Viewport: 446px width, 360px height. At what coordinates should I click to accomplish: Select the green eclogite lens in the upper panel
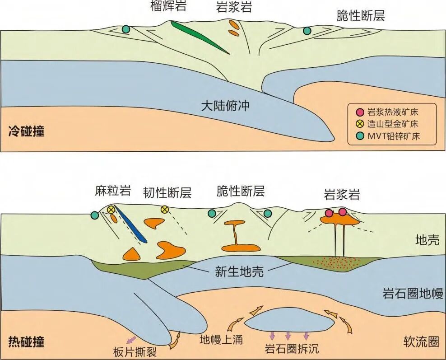tap(199, 37)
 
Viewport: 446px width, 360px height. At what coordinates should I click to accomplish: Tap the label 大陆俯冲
tap(225, 106)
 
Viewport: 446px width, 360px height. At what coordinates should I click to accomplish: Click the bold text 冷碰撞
tap(26, 131)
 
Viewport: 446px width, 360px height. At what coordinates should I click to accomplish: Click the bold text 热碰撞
tap(26, 341)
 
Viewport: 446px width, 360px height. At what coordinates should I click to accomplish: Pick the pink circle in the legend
tap(360, 112)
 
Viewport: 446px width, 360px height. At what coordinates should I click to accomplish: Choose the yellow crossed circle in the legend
tap(360, 124)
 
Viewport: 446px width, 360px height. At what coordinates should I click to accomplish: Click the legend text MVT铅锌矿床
tap(394, 136)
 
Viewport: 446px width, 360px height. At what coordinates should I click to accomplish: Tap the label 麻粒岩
tap(113, 190)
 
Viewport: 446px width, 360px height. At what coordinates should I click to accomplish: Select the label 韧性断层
tap(167, 192)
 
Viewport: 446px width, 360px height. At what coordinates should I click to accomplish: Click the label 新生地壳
tap(239, 272)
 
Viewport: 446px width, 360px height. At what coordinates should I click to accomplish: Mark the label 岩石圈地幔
tap(413, 294)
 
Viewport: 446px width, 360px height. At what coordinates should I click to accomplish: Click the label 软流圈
tap(421, 341)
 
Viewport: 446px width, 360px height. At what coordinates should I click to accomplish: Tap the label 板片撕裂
tap(135, 352)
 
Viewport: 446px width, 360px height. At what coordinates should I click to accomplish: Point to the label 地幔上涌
tap(221, 339)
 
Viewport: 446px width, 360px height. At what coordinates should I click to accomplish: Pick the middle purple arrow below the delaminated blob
tap(288, 336)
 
